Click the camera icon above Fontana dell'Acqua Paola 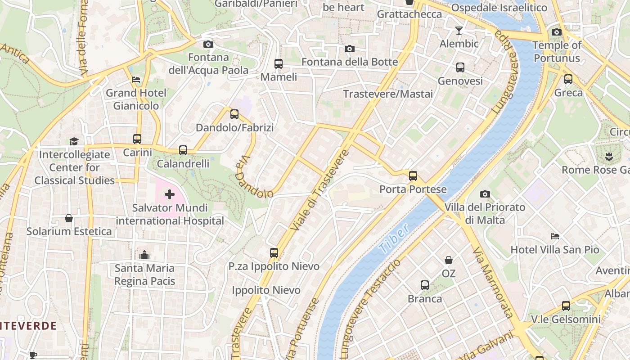pos(208,44)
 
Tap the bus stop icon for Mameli pos(279,64)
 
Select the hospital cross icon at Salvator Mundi pos(170,194)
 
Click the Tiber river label pos(394,238)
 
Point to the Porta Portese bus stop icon pos(413,176)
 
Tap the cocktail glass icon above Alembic pos(459,31)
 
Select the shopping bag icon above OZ pos(449,260)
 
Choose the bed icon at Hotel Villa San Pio pos(555,236)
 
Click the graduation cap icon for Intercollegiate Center pos(74,141)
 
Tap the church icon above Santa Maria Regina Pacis pos(144,255)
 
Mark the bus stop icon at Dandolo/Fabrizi pos(234,114)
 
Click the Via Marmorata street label pos(493,283)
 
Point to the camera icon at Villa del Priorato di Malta pos(485,194)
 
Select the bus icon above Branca pos(425,285)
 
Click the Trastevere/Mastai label pos(388,94)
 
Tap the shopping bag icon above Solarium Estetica pos(69,218)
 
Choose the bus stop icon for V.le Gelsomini pos(566,306)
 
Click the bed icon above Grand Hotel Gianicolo pos(136,80)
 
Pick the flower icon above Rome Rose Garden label pos(609,157)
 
